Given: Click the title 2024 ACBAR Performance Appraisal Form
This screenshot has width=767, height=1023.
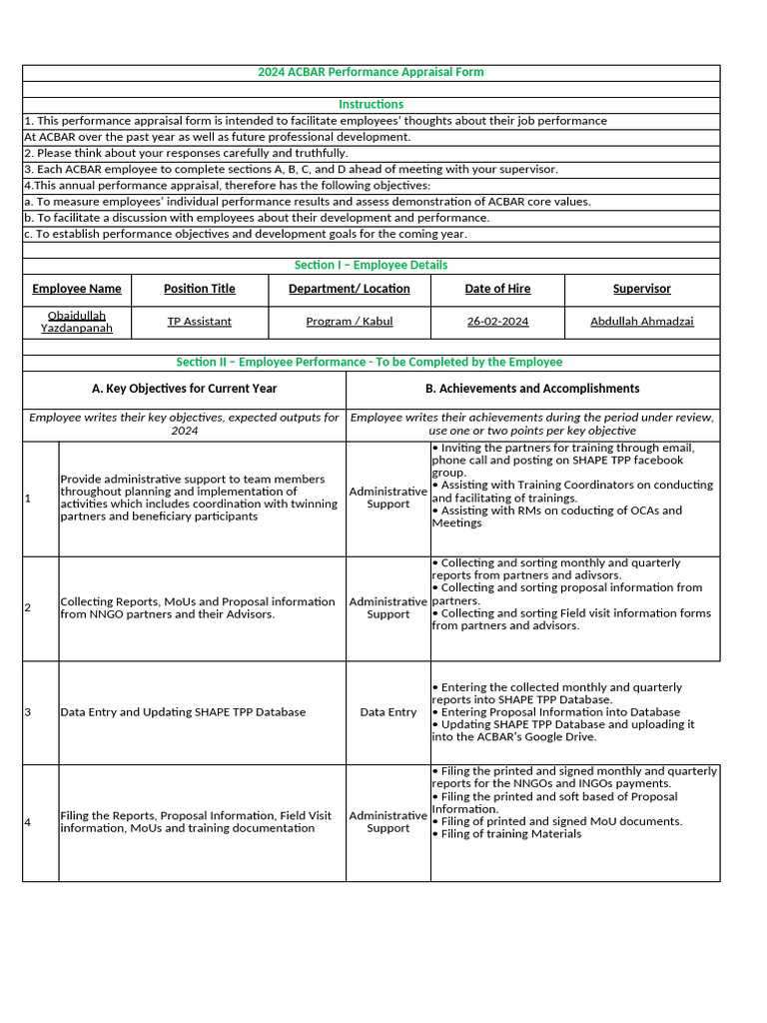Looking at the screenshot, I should [x=371, y=72].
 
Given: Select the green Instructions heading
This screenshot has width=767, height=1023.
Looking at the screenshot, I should [x=371, y=104].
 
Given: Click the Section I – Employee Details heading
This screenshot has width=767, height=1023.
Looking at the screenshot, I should [x=371, y=265].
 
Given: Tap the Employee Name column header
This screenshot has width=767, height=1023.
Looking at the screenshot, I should [x=77, y=289].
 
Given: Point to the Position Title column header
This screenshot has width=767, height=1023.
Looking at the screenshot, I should [x=200, y=289].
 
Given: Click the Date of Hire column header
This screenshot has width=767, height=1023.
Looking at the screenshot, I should [x=497, y=289].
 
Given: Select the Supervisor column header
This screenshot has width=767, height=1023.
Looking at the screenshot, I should [x=641, y=289].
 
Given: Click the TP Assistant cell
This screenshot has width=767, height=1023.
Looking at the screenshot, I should [x=200, y=322].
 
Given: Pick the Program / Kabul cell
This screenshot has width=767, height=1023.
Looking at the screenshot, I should [x=350, y=322].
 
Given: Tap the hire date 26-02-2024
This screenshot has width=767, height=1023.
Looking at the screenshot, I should [x=497, y=322].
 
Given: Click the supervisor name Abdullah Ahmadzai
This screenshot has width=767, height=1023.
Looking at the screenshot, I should [x=641, y=322].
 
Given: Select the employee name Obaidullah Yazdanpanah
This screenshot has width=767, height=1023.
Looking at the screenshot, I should [x=77, y=322].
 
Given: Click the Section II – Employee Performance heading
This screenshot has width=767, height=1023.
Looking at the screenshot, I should [x=370, y=362].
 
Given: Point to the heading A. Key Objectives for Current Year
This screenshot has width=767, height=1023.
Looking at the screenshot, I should [x=185, y=389].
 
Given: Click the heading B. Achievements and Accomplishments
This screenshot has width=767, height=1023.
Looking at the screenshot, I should [x=532, y=389].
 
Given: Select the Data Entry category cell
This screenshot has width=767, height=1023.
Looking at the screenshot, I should [x=388, y=712].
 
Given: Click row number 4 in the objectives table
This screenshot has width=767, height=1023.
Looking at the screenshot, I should [x=28, y=822].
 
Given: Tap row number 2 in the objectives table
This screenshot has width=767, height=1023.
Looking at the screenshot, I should [x=28, y=607].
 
